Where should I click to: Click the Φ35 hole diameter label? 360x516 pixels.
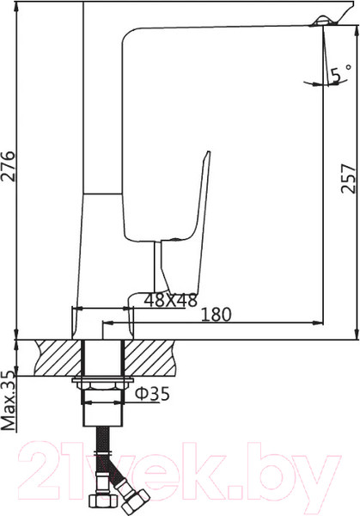pos(153,396)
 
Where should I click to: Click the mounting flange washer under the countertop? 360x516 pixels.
pos(103,381)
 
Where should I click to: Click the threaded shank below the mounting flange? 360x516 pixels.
pos(103,413)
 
